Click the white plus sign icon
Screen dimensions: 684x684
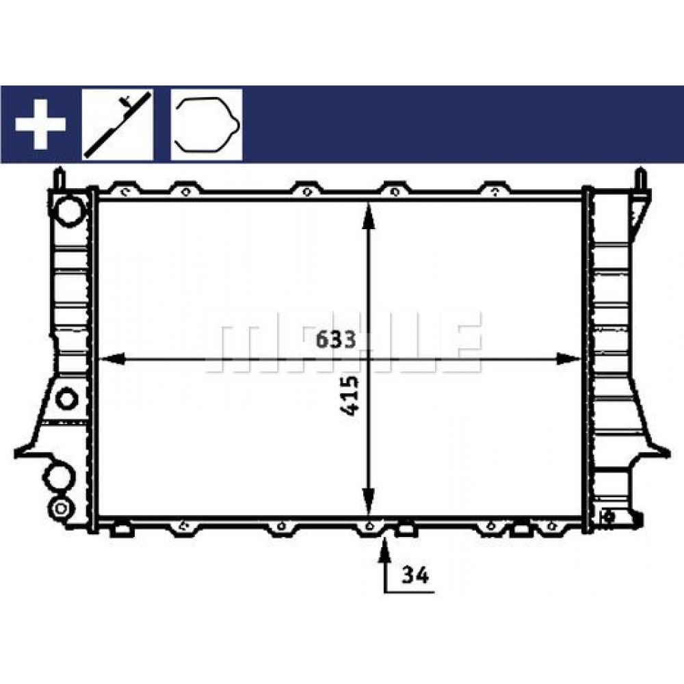coord(40,124)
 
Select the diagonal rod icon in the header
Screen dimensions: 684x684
coord(118,124)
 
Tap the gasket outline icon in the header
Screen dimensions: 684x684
coord(207,124)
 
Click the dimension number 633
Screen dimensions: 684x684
coord(335,340)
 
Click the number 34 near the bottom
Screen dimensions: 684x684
coord(415,576)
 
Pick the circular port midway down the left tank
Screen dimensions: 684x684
coord(66,398)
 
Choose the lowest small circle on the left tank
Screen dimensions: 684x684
coord(61,508)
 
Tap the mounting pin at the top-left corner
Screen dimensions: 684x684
coord(60,178)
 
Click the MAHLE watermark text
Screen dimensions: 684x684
coord(342,342)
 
